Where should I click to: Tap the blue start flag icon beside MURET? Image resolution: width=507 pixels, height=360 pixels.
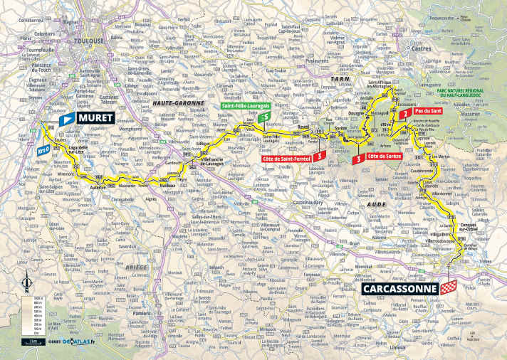[x=66, y=120]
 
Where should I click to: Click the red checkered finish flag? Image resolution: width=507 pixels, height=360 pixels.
[x=448, y=287]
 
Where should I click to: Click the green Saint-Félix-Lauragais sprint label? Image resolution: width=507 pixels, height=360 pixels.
[x=240, y=107]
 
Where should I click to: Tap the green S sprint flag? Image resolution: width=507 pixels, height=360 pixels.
[x=266, y=118]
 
